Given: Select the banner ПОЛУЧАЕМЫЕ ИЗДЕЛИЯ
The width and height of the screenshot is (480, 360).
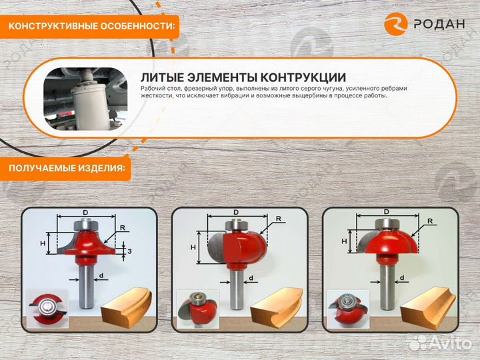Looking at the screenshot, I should pyautogui.click(x=67, y=169).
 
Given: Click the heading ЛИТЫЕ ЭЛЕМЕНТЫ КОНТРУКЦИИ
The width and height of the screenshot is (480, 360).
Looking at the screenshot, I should pyautogui.click(x=243, y=77).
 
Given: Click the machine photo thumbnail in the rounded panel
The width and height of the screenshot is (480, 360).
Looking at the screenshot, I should pyautogui.click(x=85, y=97).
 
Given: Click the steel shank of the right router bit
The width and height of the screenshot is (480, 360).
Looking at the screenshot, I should pyautogui.click(x=387, y=283).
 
